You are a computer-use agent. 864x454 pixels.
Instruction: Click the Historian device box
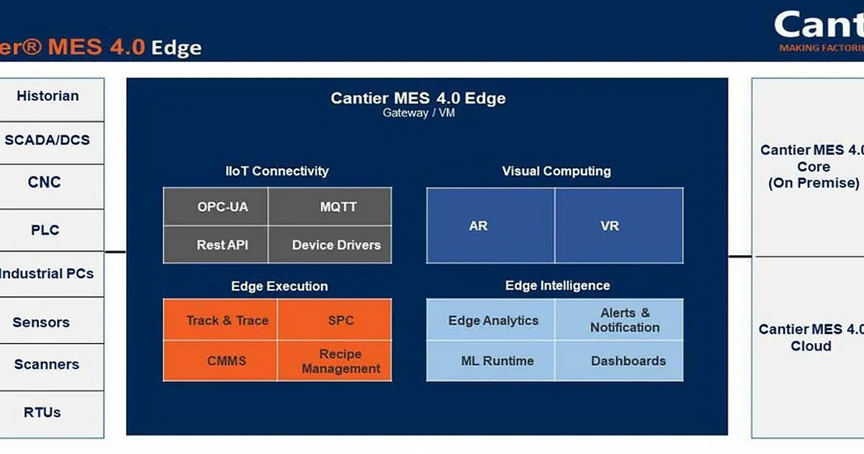(x=48, y=97)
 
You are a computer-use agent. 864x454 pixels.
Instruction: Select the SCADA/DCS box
(x=48, y=140)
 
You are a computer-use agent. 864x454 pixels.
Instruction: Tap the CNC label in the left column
(x=45, y=183)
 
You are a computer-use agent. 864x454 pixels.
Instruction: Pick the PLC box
(x=45, y=231)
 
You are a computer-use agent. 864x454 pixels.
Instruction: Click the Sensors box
(x=42, y=322)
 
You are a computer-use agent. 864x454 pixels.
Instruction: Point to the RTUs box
(x=42, y=413)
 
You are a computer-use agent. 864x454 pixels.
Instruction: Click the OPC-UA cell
(x=222, y=208)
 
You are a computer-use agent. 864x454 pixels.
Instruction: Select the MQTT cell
(x=338, y=208)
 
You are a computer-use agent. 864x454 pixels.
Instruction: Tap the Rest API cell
(x=222, y=245)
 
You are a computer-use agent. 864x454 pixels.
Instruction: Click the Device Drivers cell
(x=336, y=245)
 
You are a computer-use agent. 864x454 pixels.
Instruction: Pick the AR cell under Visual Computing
(x=479, y=226)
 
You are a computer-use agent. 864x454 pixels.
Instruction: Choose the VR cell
(x=610, y=226)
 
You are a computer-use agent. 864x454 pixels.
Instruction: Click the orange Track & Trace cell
(x=227, y=321)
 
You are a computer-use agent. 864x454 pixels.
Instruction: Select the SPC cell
(x=341, y=321)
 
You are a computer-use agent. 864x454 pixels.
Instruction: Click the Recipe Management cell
(x=341, y=361)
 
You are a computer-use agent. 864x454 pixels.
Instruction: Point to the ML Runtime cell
(x=498, y=361)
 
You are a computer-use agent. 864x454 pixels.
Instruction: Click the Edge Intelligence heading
(x=557, y=286)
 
